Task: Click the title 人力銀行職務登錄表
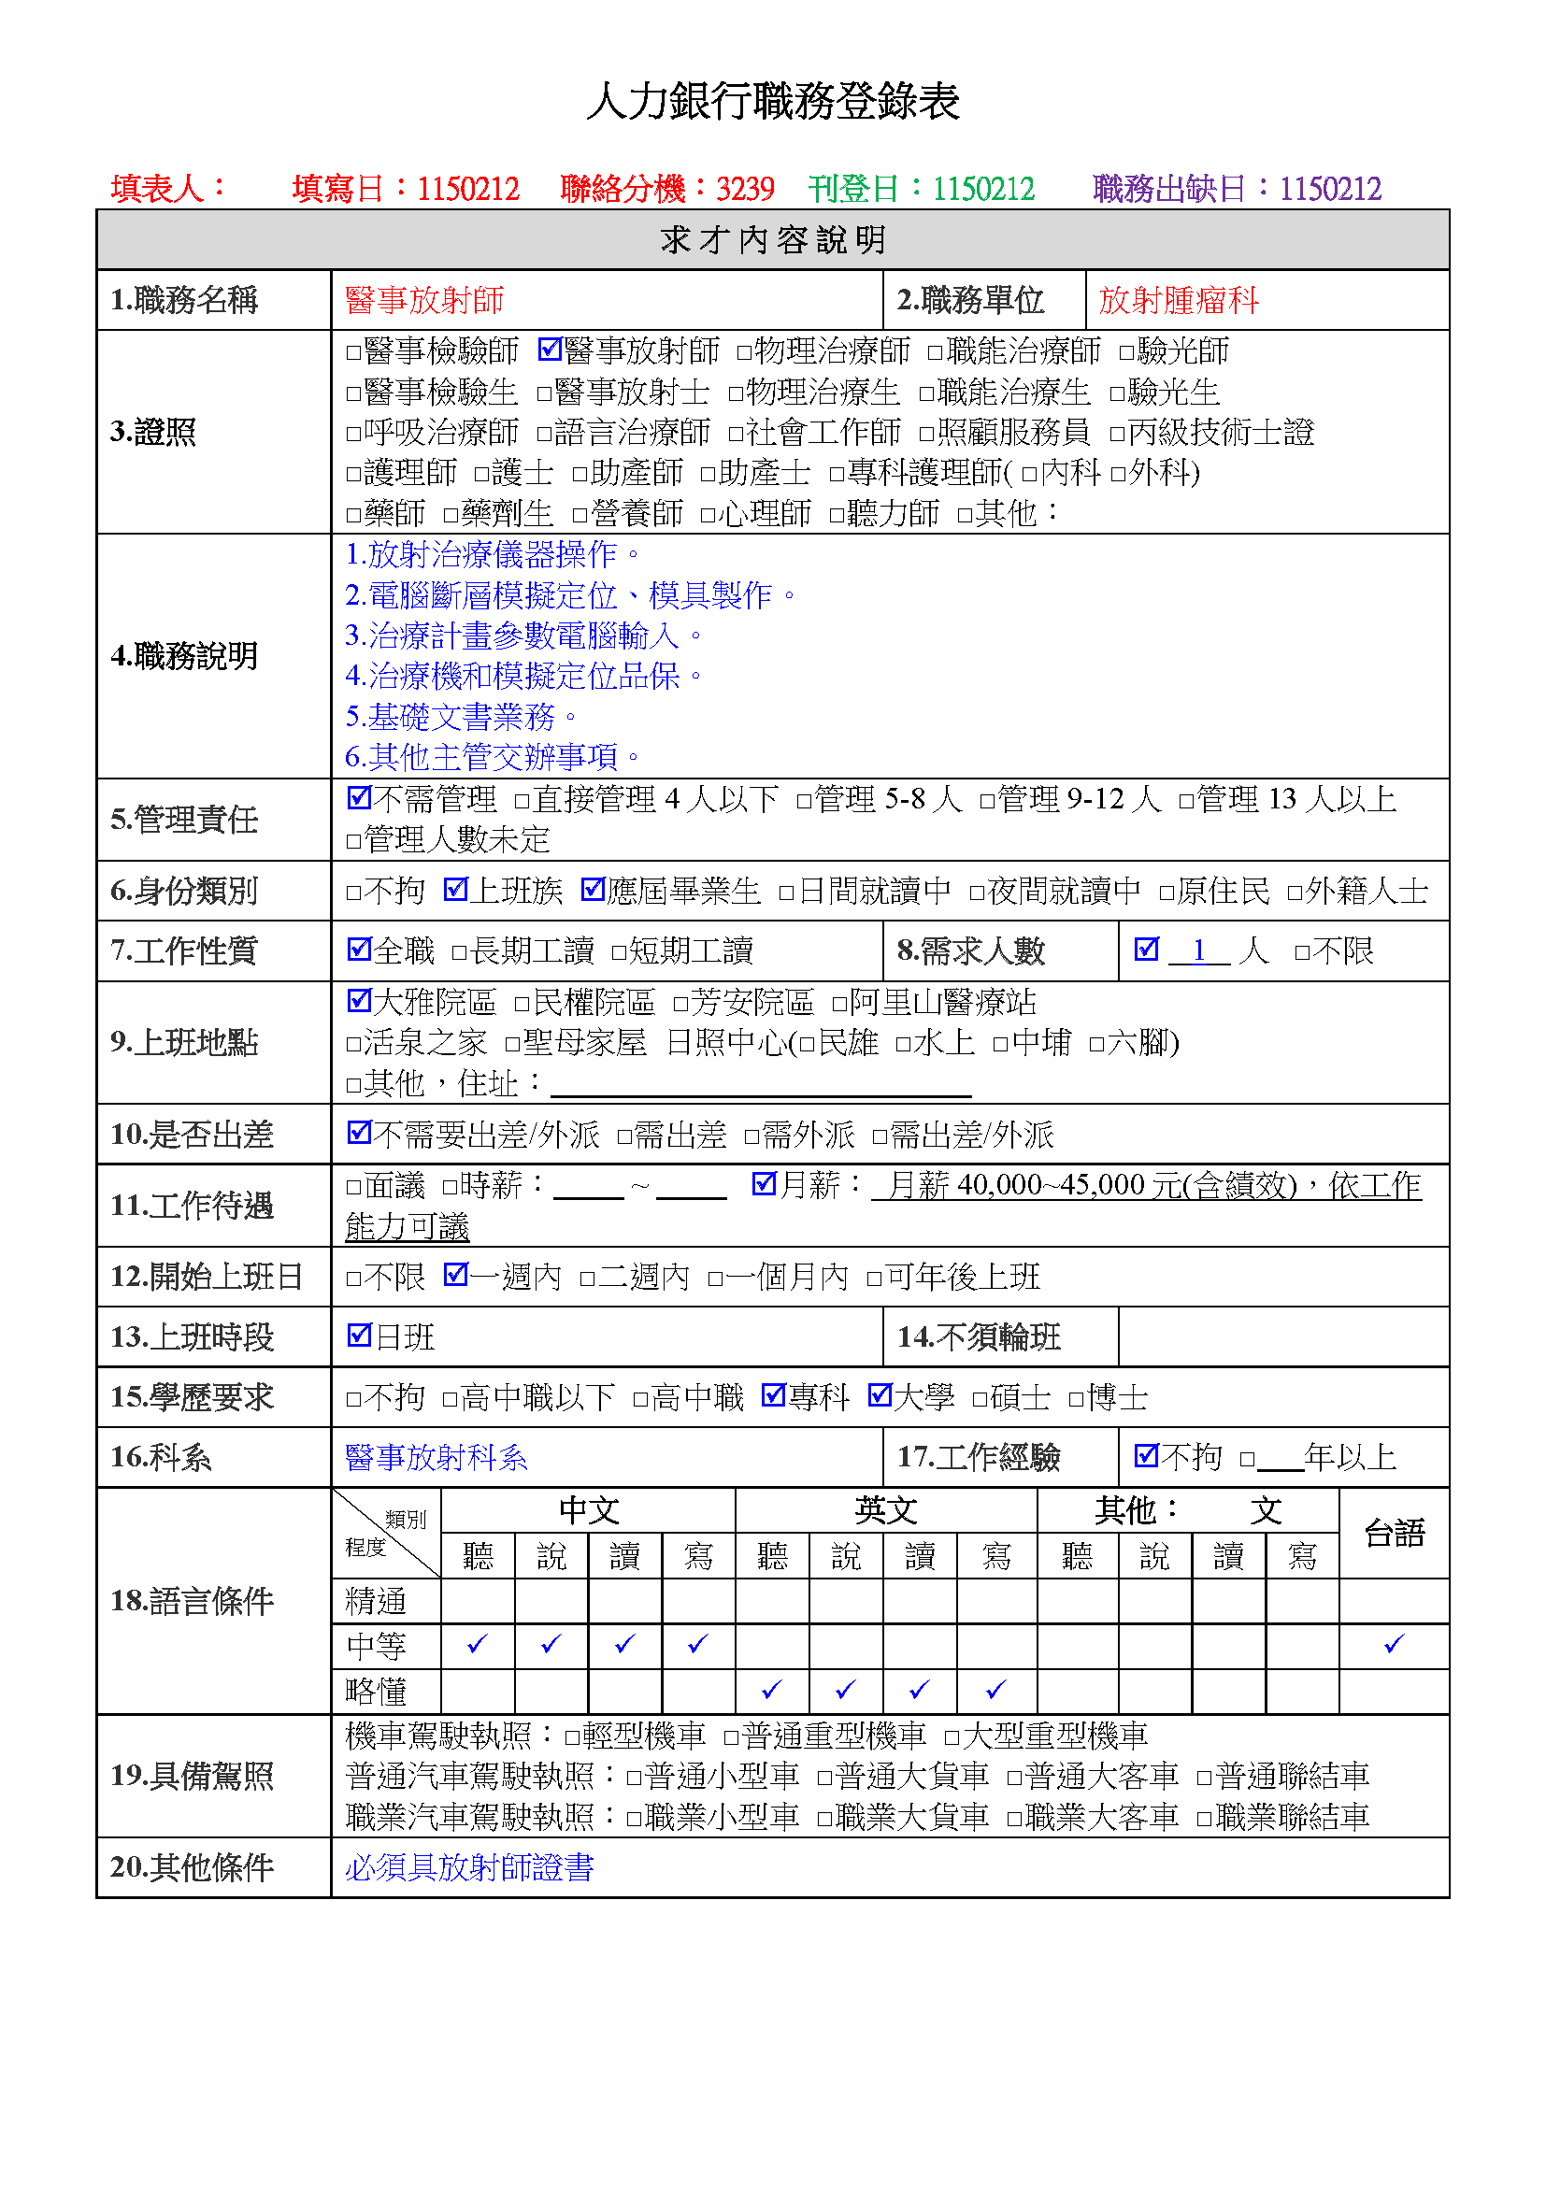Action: click(772, 102)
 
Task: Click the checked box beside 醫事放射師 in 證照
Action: click(549, 350)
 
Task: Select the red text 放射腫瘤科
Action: click(1178, 300)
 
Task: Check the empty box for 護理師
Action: click(354, 473)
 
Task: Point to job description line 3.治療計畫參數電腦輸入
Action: click(522, 635)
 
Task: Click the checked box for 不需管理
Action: click(359, 798)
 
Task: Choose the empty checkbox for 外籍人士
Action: click(1295, 893)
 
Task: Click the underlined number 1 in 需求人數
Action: click(1198, 950)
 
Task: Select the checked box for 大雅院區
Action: click(359, 1001)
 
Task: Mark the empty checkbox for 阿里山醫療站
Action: click(839, 1004)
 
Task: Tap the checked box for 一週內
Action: click(455, 1275)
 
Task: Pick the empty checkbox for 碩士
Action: click(980, 1400)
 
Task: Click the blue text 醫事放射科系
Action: click(436, 1457)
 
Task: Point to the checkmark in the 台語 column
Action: click(1394, 1644)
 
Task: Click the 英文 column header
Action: click(885, 1510)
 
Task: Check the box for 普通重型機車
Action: click(731, 1737)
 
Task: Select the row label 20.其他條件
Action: click(193, 1867)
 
